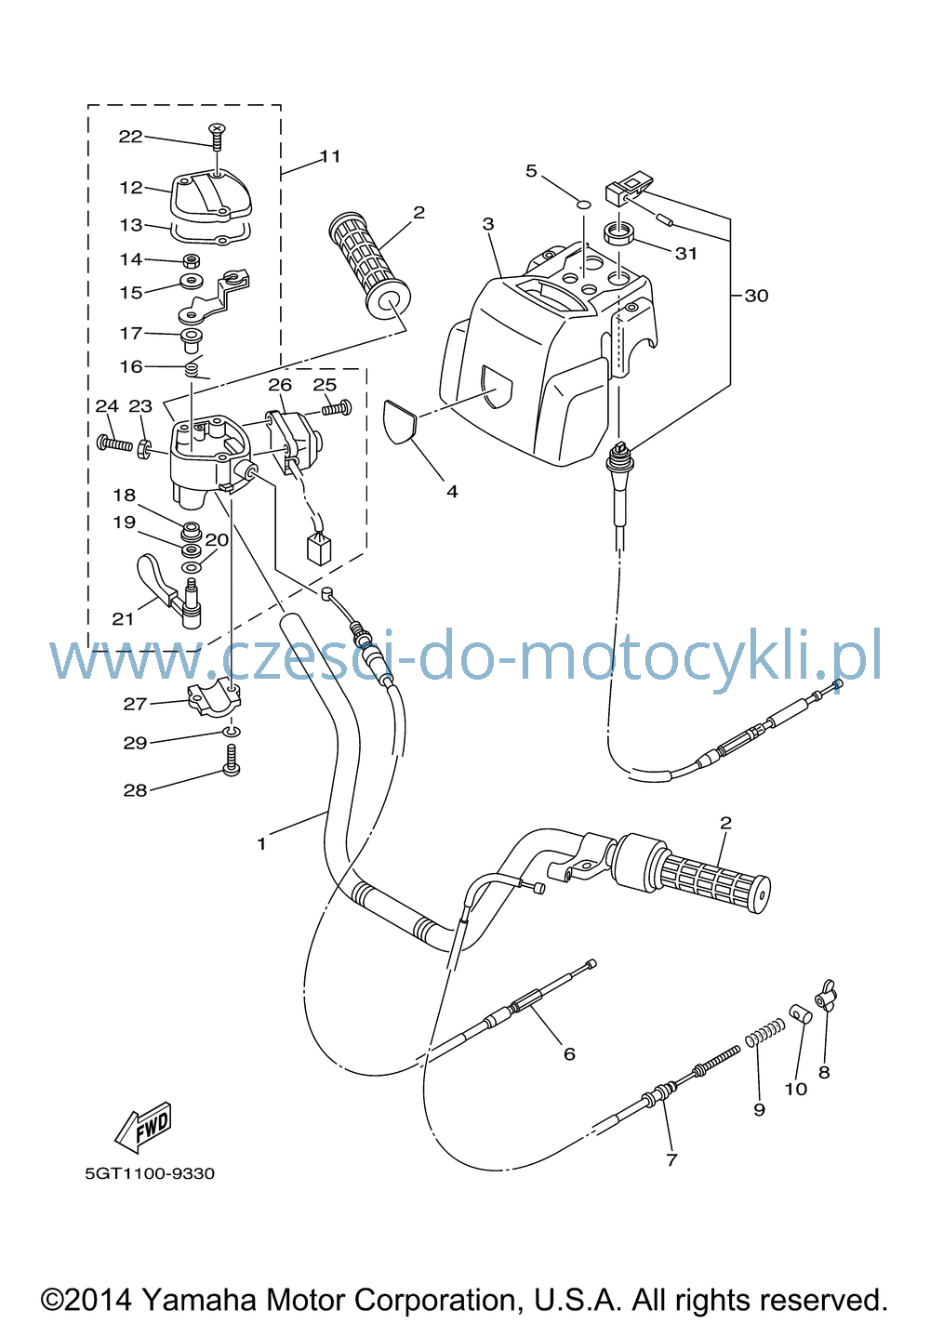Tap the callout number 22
point(130,137)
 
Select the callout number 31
point(686,254)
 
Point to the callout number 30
point(756,296)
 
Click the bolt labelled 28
point(232,761)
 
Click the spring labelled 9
point(765,1033)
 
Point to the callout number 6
point(569,1053)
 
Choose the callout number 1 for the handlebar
point(261,844)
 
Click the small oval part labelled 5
point(583,205)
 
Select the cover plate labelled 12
point(211,198)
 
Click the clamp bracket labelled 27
point(214,700)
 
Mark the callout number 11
point(330,156)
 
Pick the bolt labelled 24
point(114,443)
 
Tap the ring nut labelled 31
point(618,232)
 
